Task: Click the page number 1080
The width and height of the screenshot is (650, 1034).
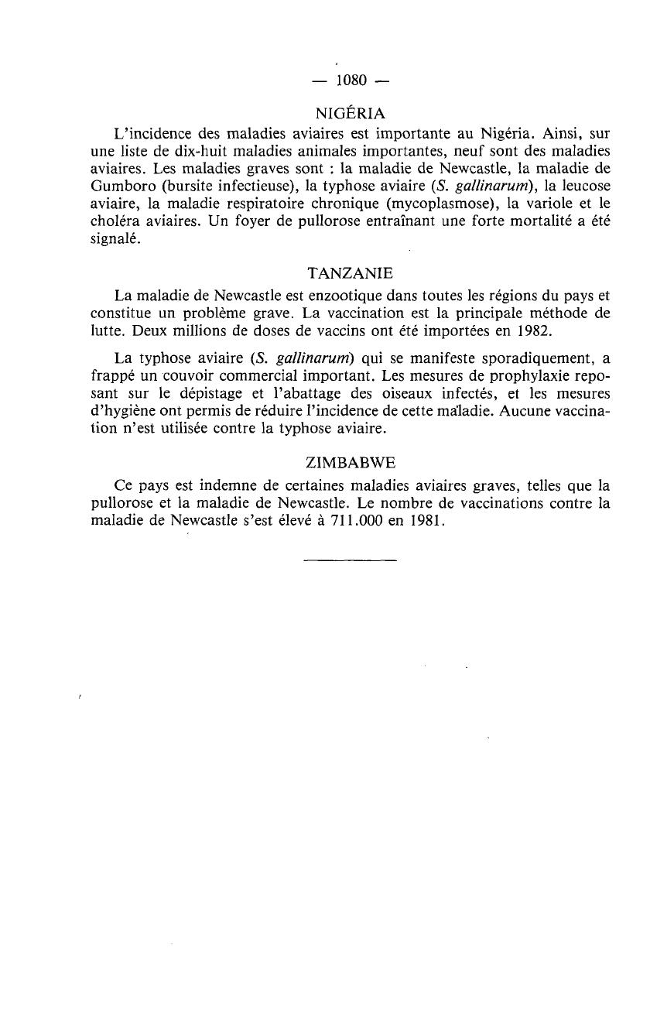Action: (351, 80)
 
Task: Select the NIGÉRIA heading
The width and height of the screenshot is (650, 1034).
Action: (351, 113)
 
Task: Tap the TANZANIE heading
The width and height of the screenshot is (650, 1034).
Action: (351, 273)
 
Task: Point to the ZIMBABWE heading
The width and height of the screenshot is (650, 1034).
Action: (351, 464)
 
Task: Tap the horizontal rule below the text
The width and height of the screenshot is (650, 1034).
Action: (351, 559)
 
